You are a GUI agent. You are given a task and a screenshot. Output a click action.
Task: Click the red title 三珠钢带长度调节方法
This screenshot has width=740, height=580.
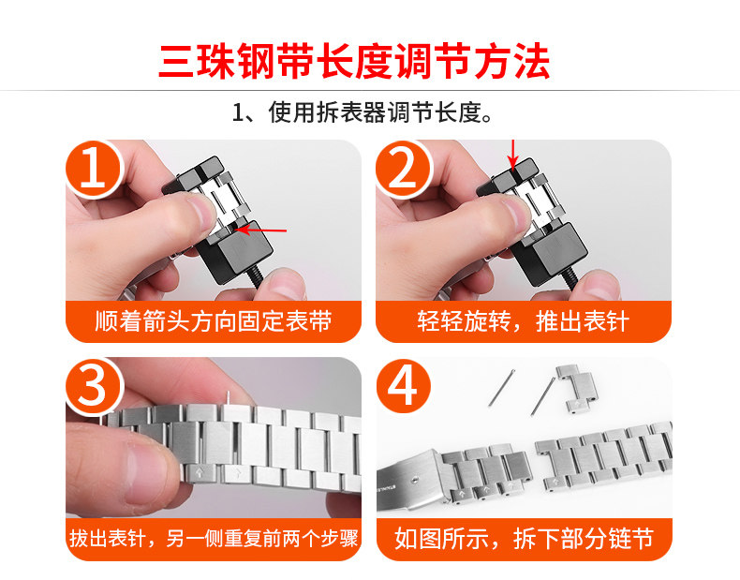(x=354, y=61)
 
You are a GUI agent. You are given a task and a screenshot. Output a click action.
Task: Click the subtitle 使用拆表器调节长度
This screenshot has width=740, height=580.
(x=380, y=112)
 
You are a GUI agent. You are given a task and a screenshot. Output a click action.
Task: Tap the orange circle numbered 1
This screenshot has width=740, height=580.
(x=94, y=168)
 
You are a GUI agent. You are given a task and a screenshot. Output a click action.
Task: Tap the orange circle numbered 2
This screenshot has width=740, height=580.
(x=404, y=168)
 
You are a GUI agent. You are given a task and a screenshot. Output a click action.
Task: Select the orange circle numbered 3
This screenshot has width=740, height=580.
(x=94, y=386)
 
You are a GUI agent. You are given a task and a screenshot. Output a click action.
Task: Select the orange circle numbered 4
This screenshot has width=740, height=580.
(x=404, y=386)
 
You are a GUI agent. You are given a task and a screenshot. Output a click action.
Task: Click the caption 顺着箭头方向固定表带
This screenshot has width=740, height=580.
(x=214, y=321)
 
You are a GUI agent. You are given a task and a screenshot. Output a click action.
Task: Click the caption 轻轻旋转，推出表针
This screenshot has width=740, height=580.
(x=524, y=321)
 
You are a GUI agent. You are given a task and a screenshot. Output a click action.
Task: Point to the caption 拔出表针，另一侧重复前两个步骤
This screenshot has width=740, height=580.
(x=214, y=539)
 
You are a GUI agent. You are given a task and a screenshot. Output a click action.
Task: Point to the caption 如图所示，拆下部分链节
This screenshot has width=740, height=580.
(x=524, y=539)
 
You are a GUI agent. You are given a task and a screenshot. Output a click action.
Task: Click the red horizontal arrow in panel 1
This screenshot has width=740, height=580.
(x=261, y=231)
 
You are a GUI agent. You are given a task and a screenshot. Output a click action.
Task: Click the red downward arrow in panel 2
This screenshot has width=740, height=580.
(x=513, y=155)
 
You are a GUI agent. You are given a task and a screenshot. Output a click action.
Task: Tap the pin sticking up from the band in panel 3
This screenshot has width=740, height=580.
(x=229, y=399)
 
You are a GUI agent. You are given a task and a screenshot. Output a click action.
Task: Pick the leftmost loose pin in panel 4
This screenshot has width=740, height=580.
(x=501, y=388)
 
